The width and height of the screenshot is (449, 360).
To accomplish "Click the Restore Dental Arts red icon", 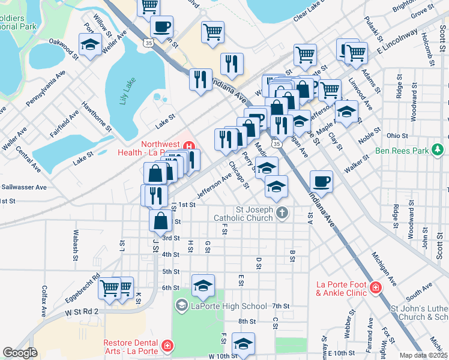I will click(x=167, y=346).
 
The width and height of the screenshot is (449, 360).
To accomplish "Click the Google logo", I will click(x=20, y=353).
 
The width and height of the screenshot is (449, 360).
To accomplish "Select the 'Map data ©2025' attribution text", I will click(x=424, y=355).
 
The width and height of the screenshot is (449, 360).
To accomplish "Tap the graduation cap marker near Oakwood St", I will click(x=90, y=45).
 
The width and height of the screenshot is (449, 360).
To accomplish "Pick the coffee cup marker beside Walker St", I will click(x=322, y=181).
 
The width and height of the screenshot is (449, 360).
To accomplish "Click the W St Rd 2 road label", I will click(x=82, y=312).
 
